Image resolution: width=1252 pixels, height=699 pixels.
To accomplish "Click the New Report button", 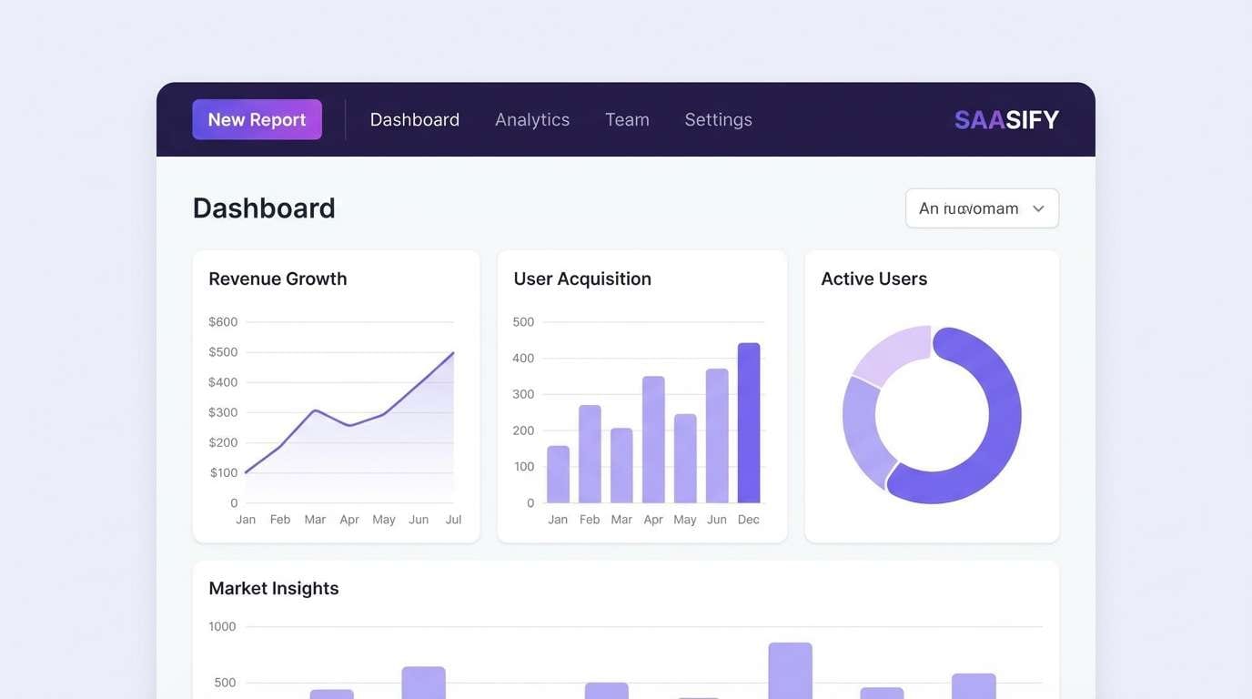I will point(257,119).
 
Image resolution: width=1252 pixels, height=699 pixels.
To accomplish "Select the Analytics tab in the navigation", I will point(532,119).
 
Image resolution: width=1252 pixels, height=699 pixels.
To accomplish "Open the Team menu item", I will point(627,119).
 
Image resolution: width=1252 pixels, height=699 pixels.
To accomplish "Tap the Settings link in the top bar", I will point(718,119).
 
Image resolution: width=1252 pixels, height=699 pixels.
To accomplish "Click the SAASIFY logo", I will point(1006,119).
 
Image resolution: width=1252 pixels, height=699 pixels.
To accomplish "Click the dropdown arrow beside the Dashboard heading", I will point(1038,208).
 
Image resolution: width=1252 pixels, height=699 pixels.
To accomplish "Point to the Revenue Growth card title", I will point(278,279).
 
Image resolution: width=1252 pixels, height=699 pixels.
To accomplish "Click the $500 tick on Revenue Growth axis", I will point(223,352).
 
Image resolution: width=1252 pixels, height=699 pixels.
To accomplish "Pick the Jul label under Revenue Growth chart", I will point(453,520).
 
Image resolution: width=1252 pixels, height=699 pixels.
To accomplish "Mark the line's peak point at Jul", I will point(452,353).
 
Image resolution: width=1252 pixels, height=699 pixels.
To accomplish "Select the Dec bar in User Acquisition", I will point(748,423).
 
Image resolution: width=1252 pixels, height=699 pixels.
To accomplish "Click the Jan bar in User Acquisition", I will point(558,474).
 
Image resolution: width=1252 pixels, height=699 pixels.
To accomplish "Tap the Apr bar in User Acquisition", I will point(653,440).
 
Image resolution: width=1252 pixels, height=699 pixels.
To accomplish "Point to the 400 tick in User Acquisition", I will point(523,358).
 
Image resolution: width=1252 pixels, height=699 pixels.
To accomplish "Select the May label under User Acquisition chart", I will point(685,520).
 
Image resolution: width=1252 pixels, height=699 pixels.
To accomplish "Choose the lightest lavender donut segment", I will point(889,354).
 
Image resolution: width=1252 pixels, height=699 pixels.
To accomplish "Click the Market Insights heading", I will point(274,588).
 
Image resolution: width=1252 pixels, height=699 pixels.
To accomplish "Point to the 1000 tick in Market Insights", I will point(222,626).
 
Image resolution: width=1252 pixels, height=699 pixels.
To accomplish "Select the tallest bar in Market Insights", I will point(790,670).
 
